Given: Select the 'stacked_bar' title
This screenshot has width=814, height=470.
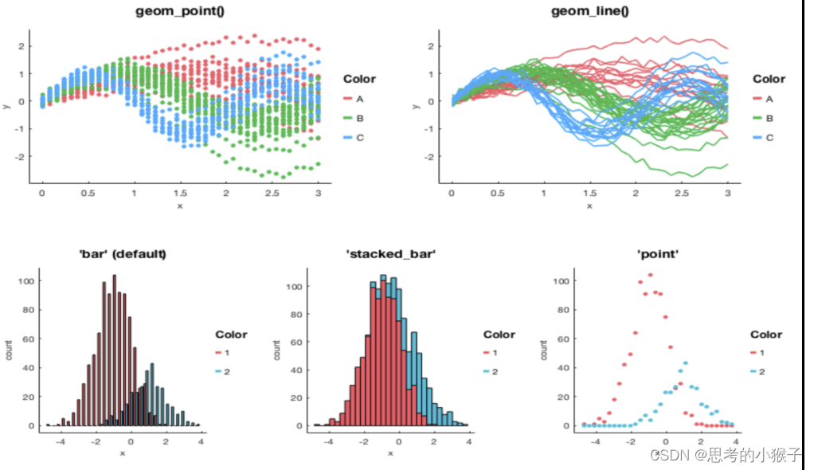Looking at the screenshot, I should click(x=391, y=254).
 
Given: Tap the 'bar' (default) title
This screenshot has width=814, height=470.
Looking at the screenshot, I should click(x=123, y=254).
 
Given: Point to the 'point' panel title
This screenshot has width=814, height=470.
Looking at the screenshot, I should click(x=658, y=254).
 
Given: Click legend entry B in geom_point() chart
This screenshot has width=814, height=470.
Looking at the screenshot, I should click(x=360, y=119).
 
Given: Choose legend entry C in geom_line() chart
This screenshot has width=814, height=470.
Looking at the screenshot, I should click(x=769, y=138).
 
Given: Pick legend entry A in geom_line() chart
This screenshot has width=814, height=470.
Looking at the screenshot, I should click(x=769, y=99).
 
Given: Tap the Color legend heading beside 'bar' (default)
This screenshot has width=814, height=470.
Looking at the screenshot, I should click(x=231, y=335).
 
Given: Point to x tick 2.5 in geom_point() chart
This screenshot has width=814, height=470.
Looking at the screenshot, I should click(x=272, y=194).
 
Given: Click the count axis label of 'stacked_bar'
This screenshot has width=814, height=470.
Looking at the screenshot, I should click(x=278, y=351).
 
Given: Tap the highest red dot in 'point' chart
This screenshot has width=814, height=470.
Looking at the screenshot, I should click(x=650, y=275).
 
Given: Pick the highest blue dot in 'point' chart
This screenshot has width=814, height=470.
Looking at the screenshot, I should click(x=684, y=363).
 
